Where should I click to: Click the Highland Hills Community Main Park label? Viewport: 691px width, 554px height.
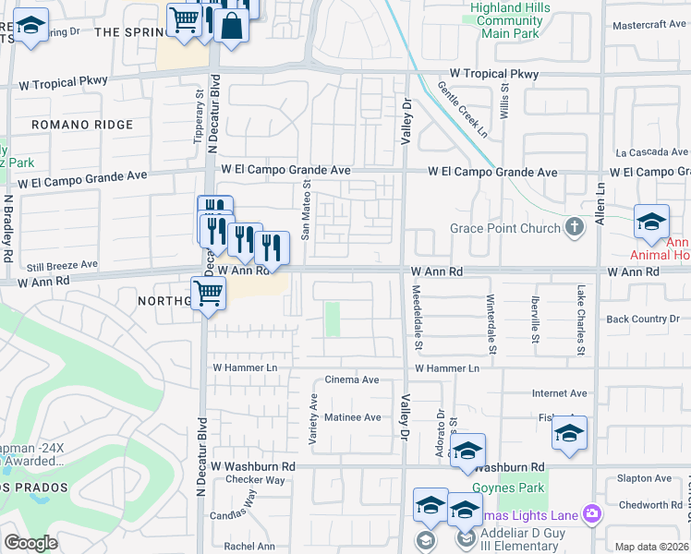click(x=506, y=20)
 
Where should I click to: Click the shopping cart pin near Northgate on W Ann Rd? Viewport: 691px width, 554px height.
click(x=209, y=295)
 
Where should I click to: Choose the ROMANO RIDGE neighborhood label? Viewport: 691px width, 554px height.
click(x=81, y=125)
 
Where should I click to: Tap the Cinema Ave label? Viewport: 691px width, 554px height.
click(x=352, y=380)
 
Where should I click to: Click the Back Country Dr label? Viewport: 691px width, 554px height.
click(x=643, y=319)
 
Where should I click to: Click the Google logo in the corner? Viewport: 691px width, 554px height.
click(x=30, y=543)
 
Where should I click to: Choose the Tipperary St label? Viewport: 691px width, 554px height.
click(x=198, y=115)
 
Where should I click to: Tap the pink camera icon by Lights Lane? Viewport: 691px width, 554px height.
click(x=592, y=514)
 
